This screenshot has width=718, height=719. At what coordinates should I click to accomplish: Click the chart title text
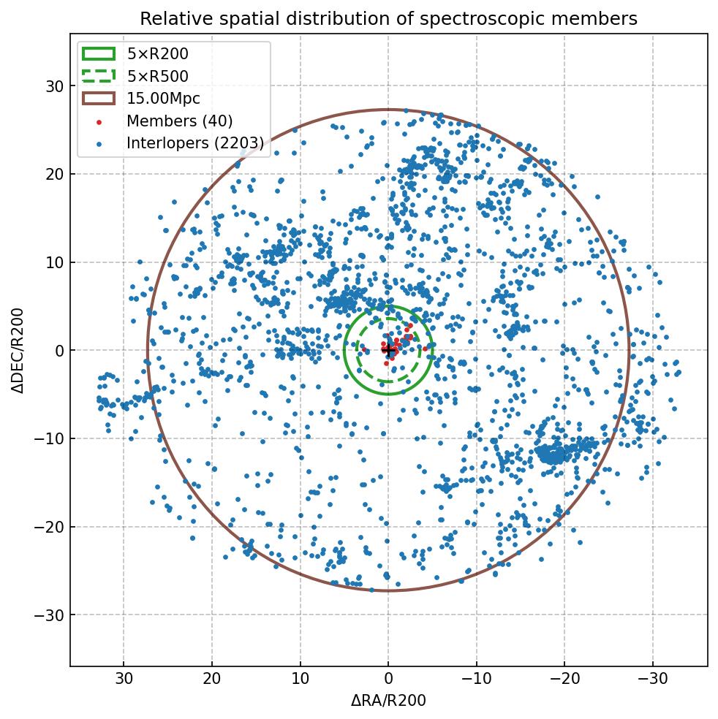coord(388,19)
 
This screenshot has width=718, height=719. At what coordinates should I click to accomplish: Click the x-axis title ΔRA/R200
coord(388,701)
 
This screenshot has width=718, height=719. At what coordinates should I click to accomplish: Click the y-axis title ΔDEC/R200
coord(18,350)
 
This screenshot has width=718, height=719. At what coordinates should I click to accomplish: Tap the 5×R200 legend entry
coord(157,53)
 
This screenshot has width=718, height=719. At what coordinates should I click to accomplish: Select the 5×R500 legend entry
coord(157,76)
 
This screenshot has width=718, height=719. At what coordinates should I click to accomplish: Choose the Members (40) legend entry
coord(179,121)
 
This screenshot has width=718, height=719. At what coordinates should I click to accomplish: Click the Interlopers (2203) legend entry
coord(194,143)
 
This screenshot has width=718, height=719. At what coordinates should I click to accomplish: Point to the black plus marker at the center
coord(388,350)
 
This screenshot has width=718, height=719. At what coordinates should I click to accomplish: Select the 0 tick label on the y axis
coord(60,351)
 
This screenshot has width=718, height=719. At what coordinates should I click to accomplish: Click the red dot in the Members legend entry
coord(99,121)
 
